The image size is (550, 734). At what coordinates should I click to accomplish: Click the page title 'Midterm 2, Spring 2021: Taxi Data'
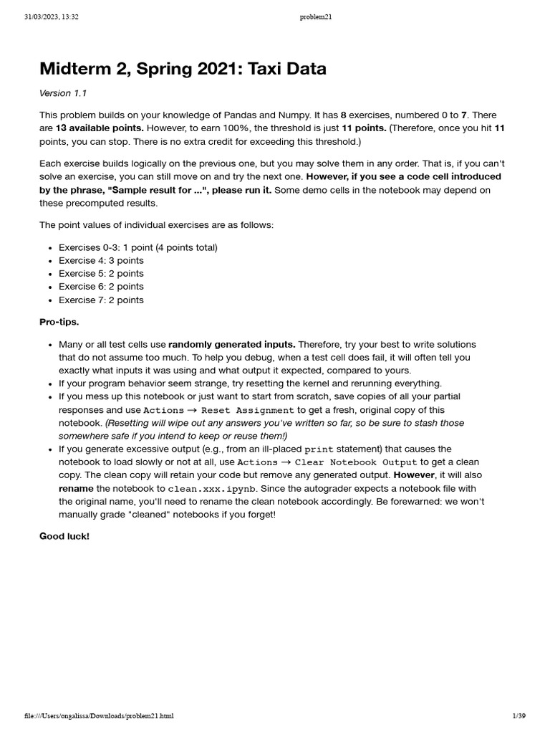[x=183, y=69]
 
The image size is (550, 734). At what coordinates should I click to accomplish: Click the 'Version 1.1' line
[x=64, y=93]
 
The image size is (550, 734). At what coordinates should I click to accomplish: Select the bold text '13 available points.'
[x=100, y=128]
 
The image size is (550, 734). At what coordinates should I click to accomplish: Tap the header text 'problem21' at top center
[x=316, y=17]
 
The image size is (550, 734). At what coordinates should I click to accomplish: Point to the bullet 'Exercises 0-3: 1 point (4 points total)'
[x=137, y=247]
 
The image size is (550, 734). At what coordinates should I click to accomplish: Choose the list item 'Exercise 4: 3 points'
[x=101, y=260]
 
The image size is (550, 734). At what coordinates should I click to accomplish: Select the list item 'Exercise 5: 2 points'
[x=101, y=273]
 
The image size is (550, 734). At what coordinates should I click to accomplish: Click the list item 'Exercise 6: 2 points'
[x=101, y=287]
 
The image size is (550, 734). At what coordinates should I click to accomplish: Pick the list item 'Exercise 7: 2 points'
[x=101, y=300]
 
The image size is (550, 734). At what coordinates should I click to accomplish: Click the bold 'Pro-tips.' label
[x=59, y=322]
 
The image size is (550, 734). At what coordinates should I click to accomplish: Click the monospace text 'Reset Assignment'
[x=248, y=411]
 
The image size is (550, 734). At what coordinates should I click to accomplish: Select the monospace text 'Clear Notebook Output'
[x=356, y=462]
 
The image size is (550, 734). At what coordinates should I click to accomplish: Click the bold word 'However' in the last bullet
[x=414, y=475]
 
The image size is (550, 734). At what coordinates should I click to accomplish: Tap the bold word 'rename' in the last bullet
[x=76, y=488]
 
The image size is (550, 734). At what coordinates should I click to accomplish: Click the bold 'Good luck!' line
[x=64, y=536]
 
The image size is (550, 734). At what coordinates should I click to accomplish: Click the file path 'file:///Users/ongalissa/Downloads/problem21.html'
[x=99, y=715]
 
